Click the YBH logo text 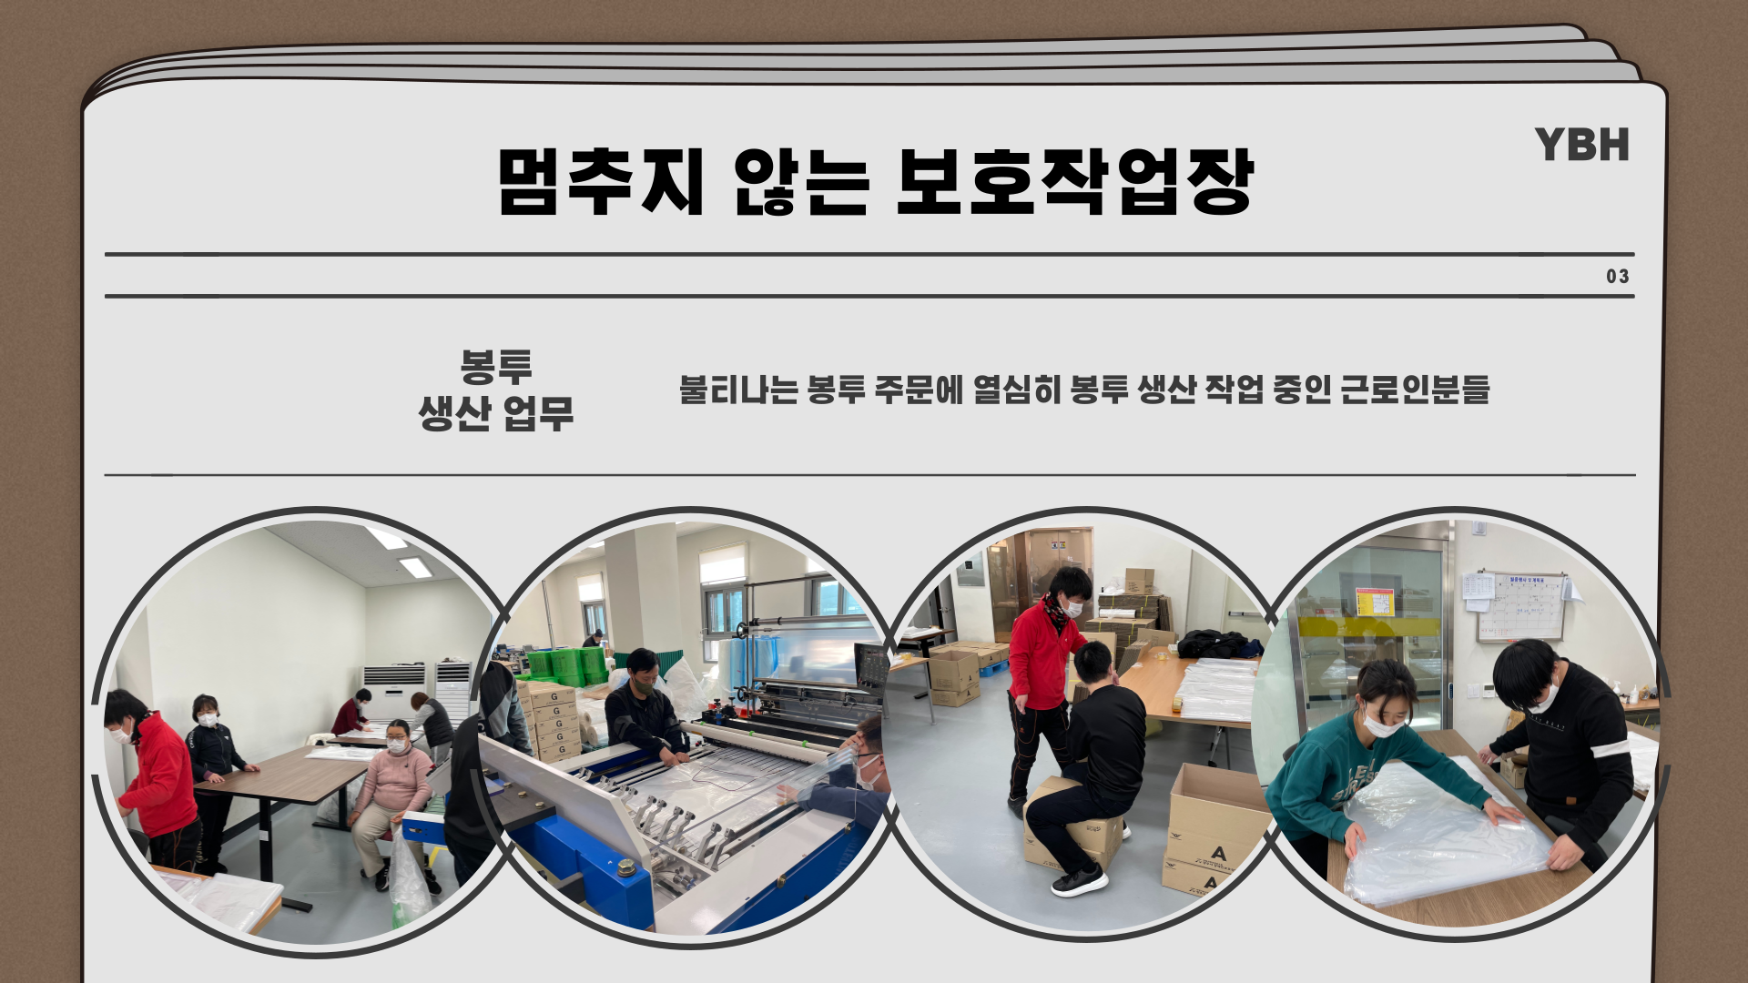click(1581, 146)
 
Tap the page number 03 click(1618, 277)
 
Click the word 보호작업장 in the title click(1075, 181)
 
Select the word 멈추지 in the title click(601, 181)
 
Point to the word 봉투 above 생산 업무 click(496, 366)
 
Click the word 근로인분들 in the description click(1416, 389)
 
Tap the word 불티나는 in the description click(738, 389)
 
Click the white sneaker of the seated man click(1079, 880)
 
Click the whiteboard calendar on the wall click(1520, 606)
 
